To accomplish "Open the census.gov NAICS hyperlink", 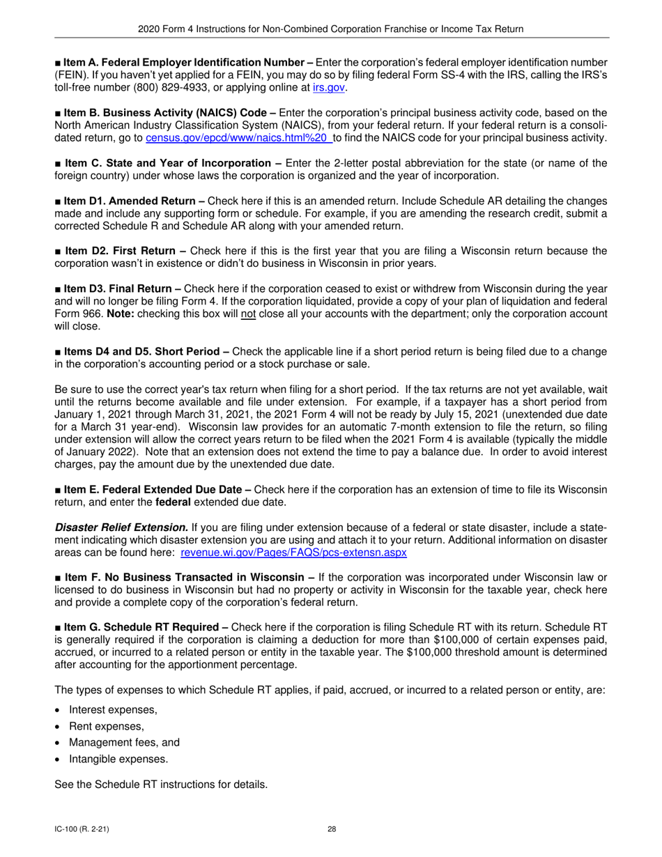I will pos(238,138).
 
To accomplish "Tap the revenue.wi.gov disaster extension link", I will pos(293,553).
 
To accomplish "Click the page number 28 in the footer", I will pos(332,829).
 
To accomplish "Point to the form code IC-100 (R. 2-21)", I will pos(82,829).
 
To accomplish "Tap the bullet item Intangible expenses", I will pos(118,759).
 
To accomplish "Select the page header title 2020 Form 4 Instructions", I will pos(331,29).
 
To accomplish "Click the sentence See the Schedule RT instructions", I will pos(161,785).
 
